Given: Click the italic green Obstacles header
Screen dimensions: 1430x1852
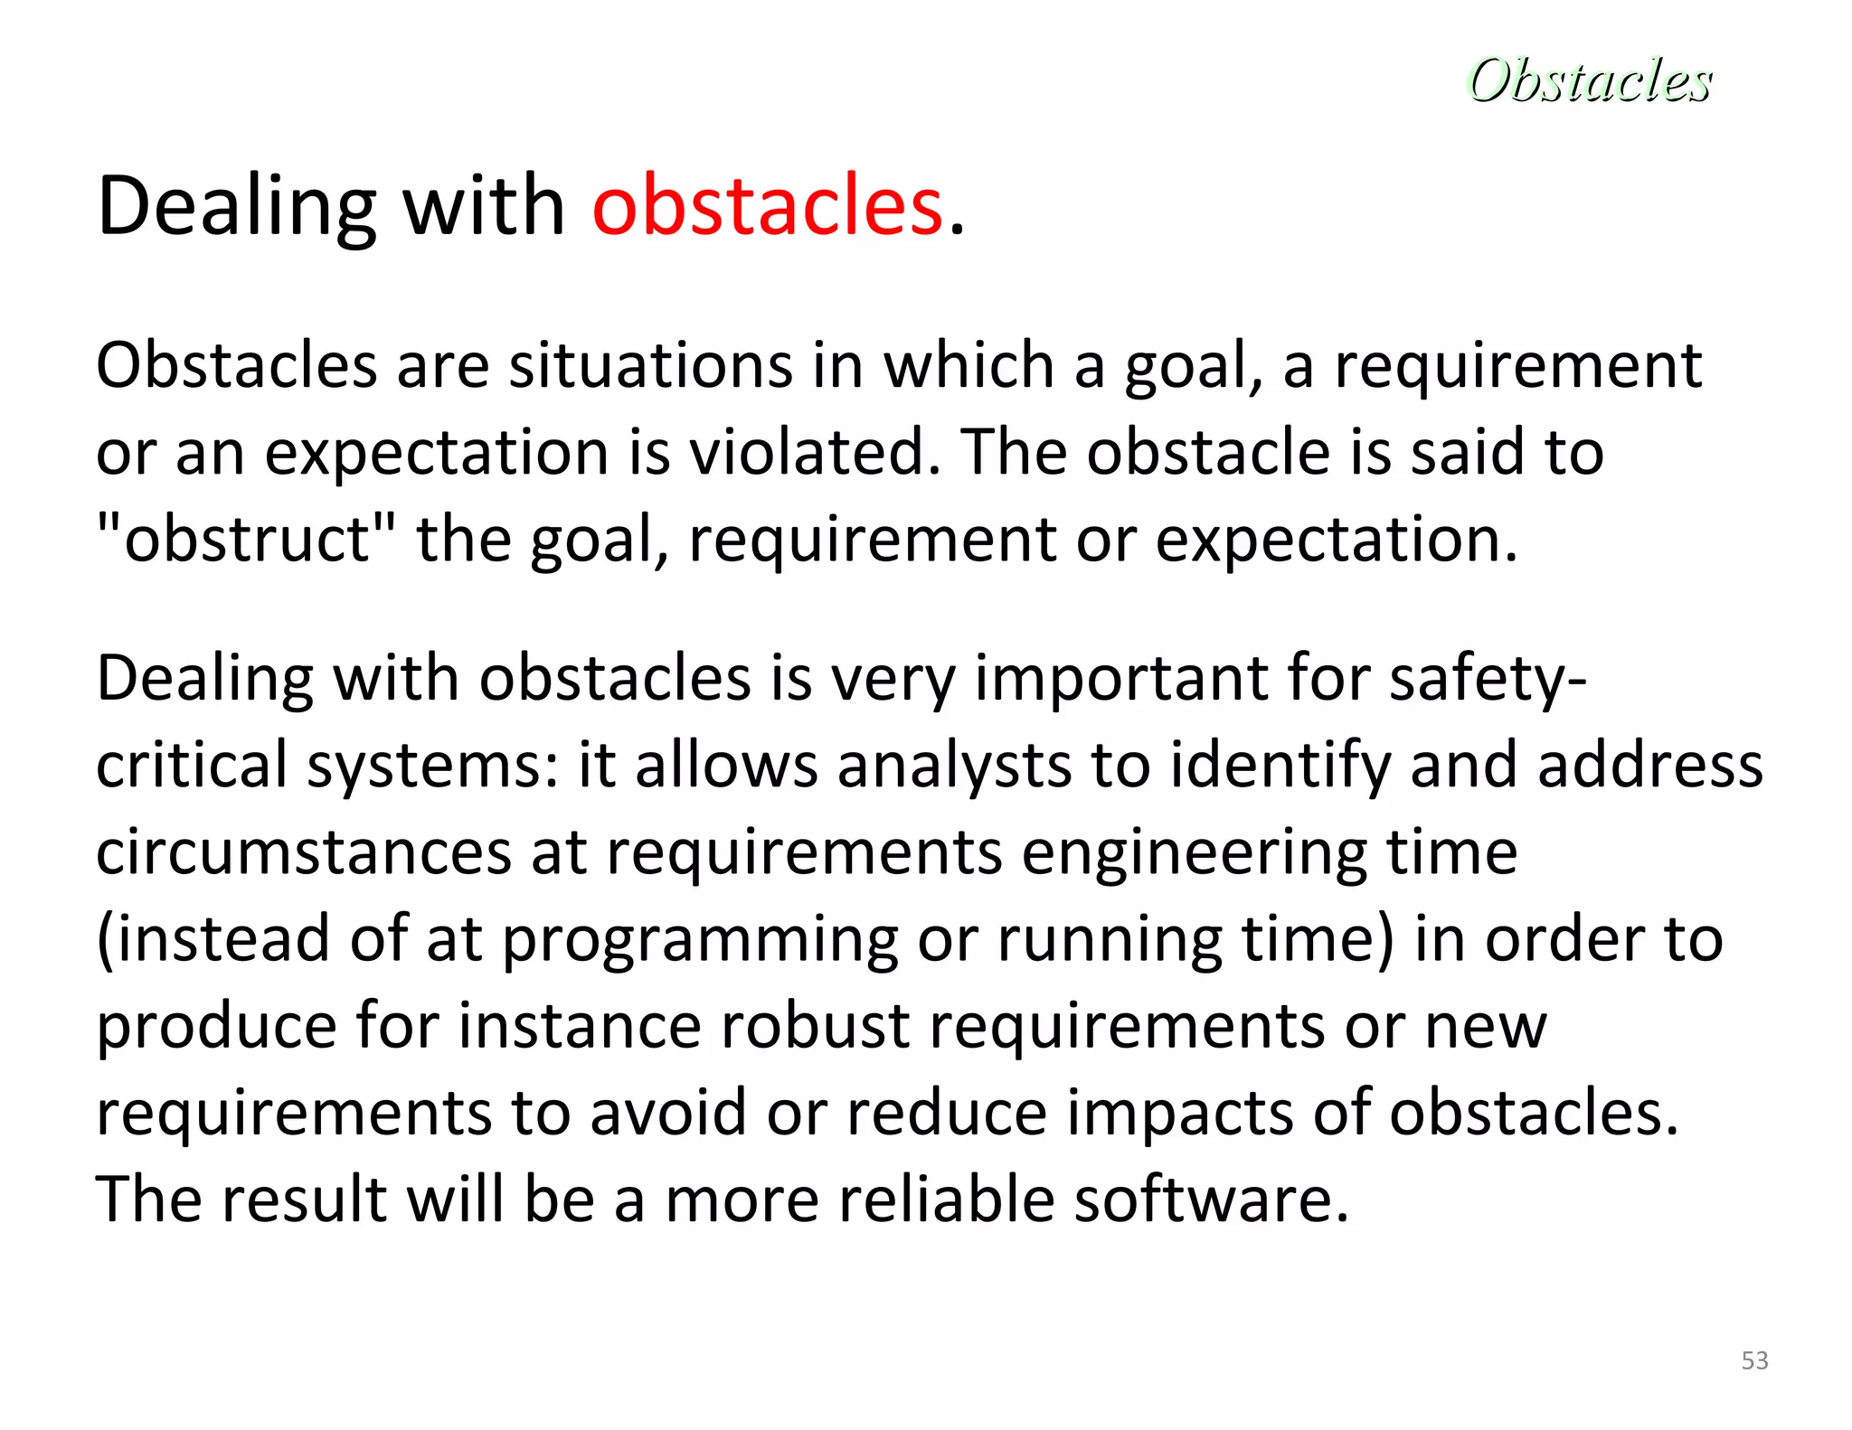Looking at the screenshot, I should [1589, 80].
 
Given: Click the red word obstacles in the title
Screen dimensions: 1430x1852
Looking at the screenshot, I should [768, 207].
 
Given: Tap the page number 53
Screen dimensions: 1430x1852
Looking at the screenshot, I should [1754, 1360].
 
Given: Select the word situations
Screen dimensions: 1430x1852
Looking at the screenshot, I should [650, 366].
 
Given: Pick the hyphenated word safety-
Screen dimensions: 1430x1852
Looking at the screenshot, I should [1488, 679].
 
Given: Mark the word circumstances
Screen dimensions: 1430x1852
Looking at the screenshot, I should [304, 852].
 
